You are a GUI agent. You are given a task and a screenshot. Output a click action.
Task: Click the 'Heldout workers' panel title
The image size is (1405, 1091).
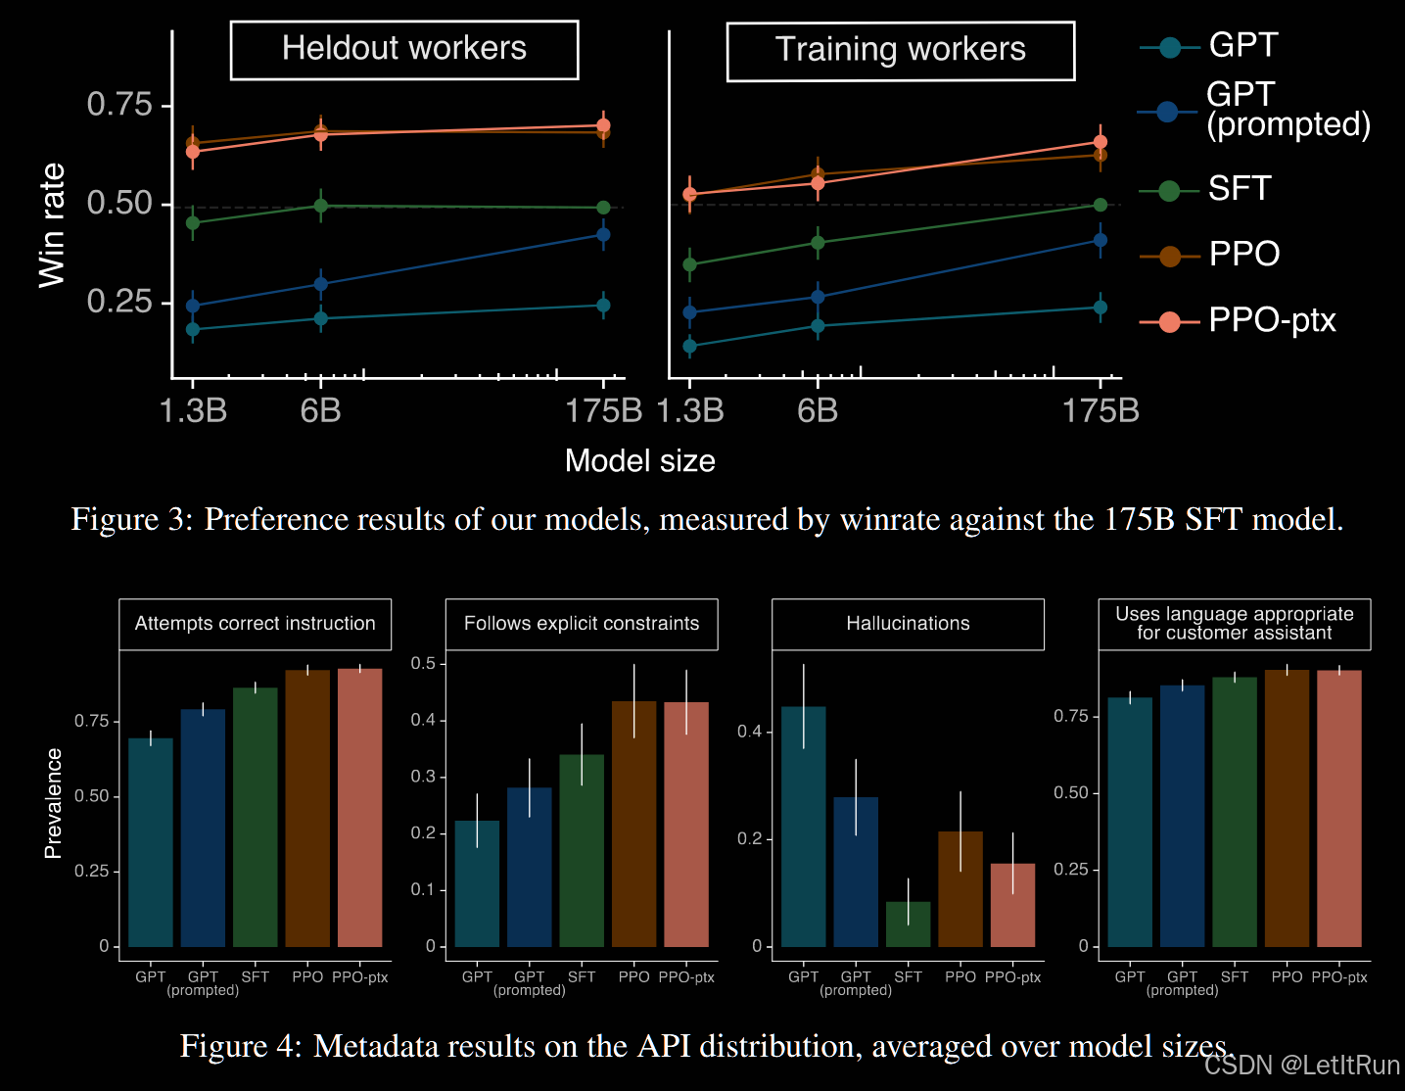[404, 49]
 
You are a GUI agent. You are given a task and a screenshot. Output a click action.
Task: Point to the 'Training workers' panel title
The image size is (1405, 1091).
[900, 50]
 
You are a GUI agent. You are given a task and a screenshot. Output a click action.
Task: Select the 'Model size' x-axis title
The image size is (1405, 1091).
[640, 460]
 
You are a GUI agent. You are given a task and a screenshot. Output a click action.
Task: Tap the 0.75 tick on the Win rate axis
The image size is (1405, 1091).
[119, 104]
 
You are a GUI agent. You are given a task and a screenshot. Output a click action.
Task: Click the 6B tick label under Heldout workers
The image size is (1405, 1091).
[320, 410]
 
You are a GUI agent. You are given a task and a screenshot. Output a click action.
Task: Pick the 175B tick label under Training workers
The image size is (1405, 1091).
[1101, 410]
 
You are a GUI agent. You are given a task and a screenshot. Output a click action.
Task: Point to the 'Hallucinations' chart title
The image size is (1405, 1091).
[908, 624]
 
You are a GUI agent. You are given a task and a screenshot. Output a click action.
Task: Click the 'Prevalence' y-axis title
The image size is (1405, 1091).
[53, 803]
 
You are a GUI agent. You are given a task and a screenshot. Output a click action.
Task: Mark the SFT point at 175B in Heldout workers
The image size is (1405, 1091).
[603, 208]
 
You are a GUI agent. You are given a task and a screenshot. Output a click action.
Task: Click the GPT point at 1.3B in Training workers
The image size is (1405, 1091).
[689, 346]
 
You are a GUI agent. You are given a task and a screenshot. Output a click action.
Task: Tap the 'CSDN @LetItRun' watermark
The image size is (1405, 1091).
[1302, 1065]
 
